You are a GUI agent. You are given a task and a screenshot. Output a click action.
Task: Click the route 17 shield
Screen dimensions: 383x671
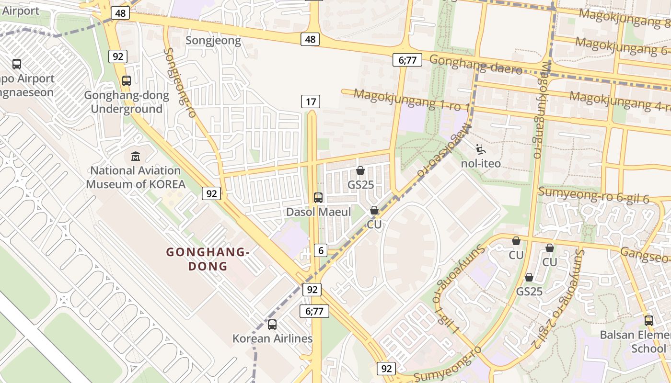click(311, 101)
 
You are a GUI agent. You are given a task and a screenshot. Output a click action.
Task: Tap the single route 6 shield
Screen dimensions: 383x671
click(321, 250)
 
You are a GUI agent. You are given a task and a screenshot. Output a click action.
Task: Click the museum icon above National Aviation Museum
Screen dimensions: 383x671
click(136, 156)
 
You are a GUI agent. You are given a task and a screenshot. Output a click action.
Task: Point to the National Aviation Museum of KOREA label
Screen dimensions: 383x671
click(136, 177)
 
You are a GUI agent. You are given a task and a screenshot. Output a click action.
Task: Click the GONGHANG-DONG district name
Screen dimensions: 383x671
click(208, 259)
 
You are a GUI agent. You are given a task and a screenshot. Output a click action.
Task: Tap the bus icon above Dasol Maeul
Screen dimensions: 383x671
click(318, 197)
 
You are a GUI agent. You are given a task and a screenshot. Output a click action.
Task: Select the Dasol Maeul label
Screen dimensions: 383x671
click(318, 212)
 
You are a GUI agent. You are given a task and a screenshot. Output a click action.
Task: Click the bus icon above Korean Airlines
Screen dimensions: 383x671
click(272, 324)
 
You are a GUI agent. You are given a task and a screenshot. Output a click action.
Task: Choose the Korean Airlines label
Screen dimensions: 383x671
click(272, 338)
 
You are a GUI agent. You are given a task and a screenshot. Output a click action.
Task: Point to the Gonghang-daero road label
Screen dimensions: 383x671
click(475, 65)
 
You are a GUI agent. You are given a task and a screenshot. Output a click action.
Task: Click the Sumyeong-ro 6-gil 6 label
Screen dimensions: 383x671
click(593, 195)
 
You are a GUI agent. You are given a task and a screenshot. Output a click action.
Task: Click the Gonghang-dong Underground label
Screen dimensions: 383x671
click(127, 102)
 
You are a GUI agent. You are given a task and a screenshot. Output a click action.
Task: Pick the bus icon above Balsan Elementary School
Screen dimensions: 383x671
click(648, 321)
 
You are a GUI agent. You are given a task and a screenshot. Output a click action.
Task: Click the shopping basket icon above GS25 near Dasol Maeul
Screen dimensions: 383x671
click(360, 170)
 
